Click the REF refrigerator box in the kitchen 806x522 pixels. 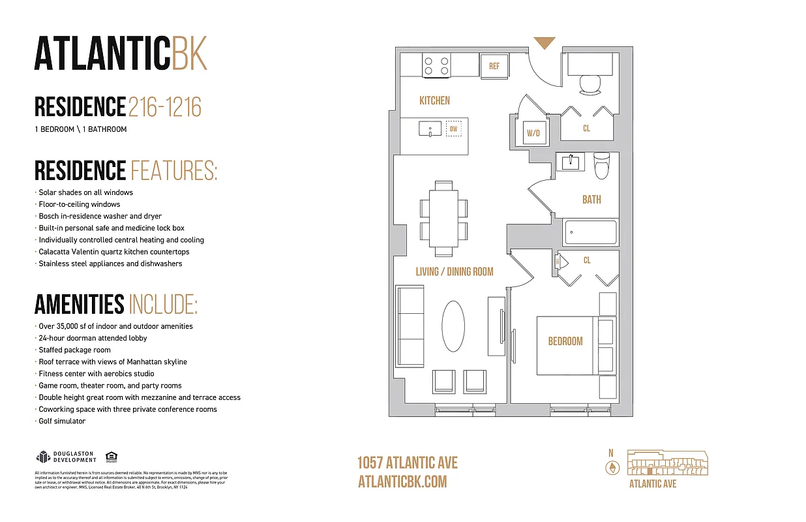click(494, 66)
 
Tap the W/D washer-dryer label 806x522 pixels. click(533, 133)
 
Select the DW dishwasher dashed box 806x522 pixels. click(454, 129)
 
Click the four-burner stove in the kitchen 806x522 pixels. click(436, 65)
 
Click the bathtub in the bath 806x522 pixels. click(590, 232)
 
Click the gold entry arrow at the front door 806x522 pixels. click(545, 43)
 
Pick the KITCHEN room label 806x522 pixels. click(434, 100)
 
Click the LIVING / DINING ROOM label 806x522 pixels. click(455, 271)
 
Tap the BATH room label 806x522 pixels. click(591, 200)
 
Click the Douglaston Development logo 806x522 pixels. click(66, 457)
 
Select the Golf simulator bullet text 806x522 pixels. click(61, 422)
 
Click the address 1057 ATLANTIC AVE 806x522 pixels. click(408, 463)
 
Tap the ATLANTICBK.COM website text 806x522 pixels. click(402, 482)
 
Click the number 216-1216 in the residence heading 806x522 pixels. click(164, 106)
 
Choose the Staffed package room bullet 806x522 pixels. click(74, 350)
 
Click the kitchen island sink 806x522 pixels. click(431, 129)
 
